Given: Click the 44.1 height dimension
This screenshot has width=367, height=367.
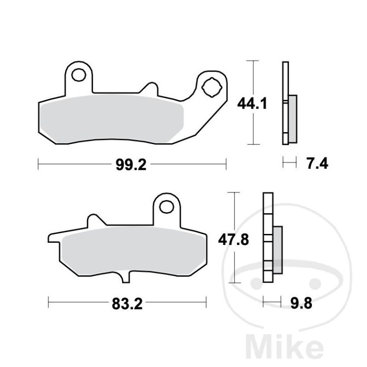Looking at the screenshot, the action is (x=252, y=104).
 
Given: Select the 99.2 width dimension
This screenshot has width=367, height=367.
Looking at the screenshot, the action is (x=131, y=165).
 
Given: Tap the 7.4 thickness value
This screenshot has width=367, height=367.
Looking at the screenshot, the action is (x=317, y=163).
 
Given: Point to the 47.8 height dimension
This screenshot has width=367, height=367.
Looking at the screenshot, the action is (x=234, y=239).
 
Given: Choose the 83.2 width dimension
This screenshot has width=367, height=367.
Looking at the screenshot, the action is (x=128, y=304).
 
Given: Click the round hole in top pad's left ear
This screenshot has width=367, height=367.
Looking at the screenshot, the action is (x=78, y=75).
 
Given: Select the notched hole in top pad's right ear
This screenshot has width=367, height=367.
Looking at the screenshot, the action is (x=211, y=88).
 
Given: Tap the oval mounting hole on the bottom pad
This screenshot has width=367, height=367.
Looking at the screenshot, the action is (x=167, y=207).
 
